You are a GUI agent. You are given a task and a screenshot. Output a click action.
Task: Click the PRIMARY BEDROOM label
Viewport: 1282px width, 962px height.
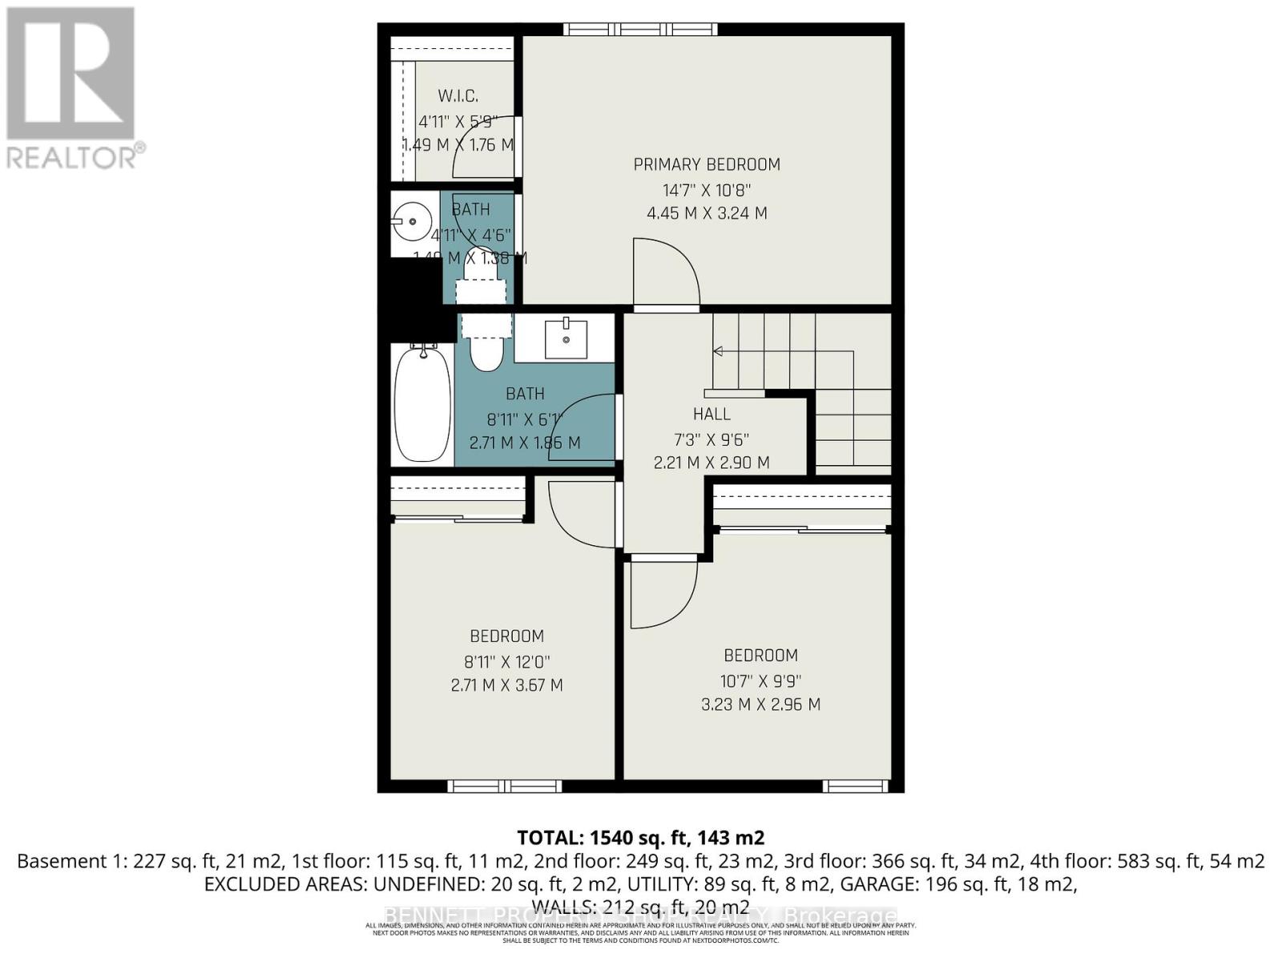pos(707,164)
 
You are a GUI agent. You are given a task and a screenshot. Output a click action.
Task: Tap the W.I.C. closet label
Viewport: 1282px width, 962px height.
pos(458,96)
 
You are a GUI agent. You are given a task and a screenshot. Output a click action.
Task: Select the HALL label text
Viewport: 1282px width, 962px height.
pos(712,414)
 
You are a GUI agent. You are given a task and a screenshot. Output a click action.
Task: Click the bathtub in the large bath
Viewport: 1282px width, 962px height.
pos(422,404)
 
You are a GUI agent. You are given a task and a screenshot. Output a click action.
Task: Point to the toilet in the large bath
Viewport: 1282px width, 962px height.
pos(485,345)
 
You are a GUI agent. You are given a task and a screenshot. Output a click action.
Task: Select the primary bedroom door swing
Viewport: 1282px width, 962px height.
pos(665,273)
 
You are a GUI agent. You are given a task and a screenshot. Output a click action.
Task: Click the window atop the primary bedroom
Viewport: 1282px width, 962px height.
pos(640,30)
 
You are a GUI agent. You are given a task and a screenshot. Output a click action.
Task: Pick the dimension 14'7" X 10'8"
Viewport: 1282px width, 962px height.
pos(707,190)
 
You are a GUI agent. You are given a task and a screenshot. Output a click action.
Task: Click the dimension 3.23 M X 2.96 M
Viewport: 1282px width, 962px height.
pos(760,704)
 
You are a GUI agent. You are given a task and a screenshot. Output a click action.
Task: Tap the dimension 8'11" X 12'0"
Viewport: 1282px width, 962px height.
pos(506,661)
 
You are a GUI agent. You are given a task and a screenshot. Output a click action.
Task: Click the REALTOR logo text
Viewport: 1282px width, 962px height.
pos(76,156)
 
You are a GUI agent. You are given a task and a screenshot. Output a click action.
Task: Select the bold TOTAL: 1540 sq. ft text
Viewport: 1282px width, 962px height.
pos(640,838)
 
